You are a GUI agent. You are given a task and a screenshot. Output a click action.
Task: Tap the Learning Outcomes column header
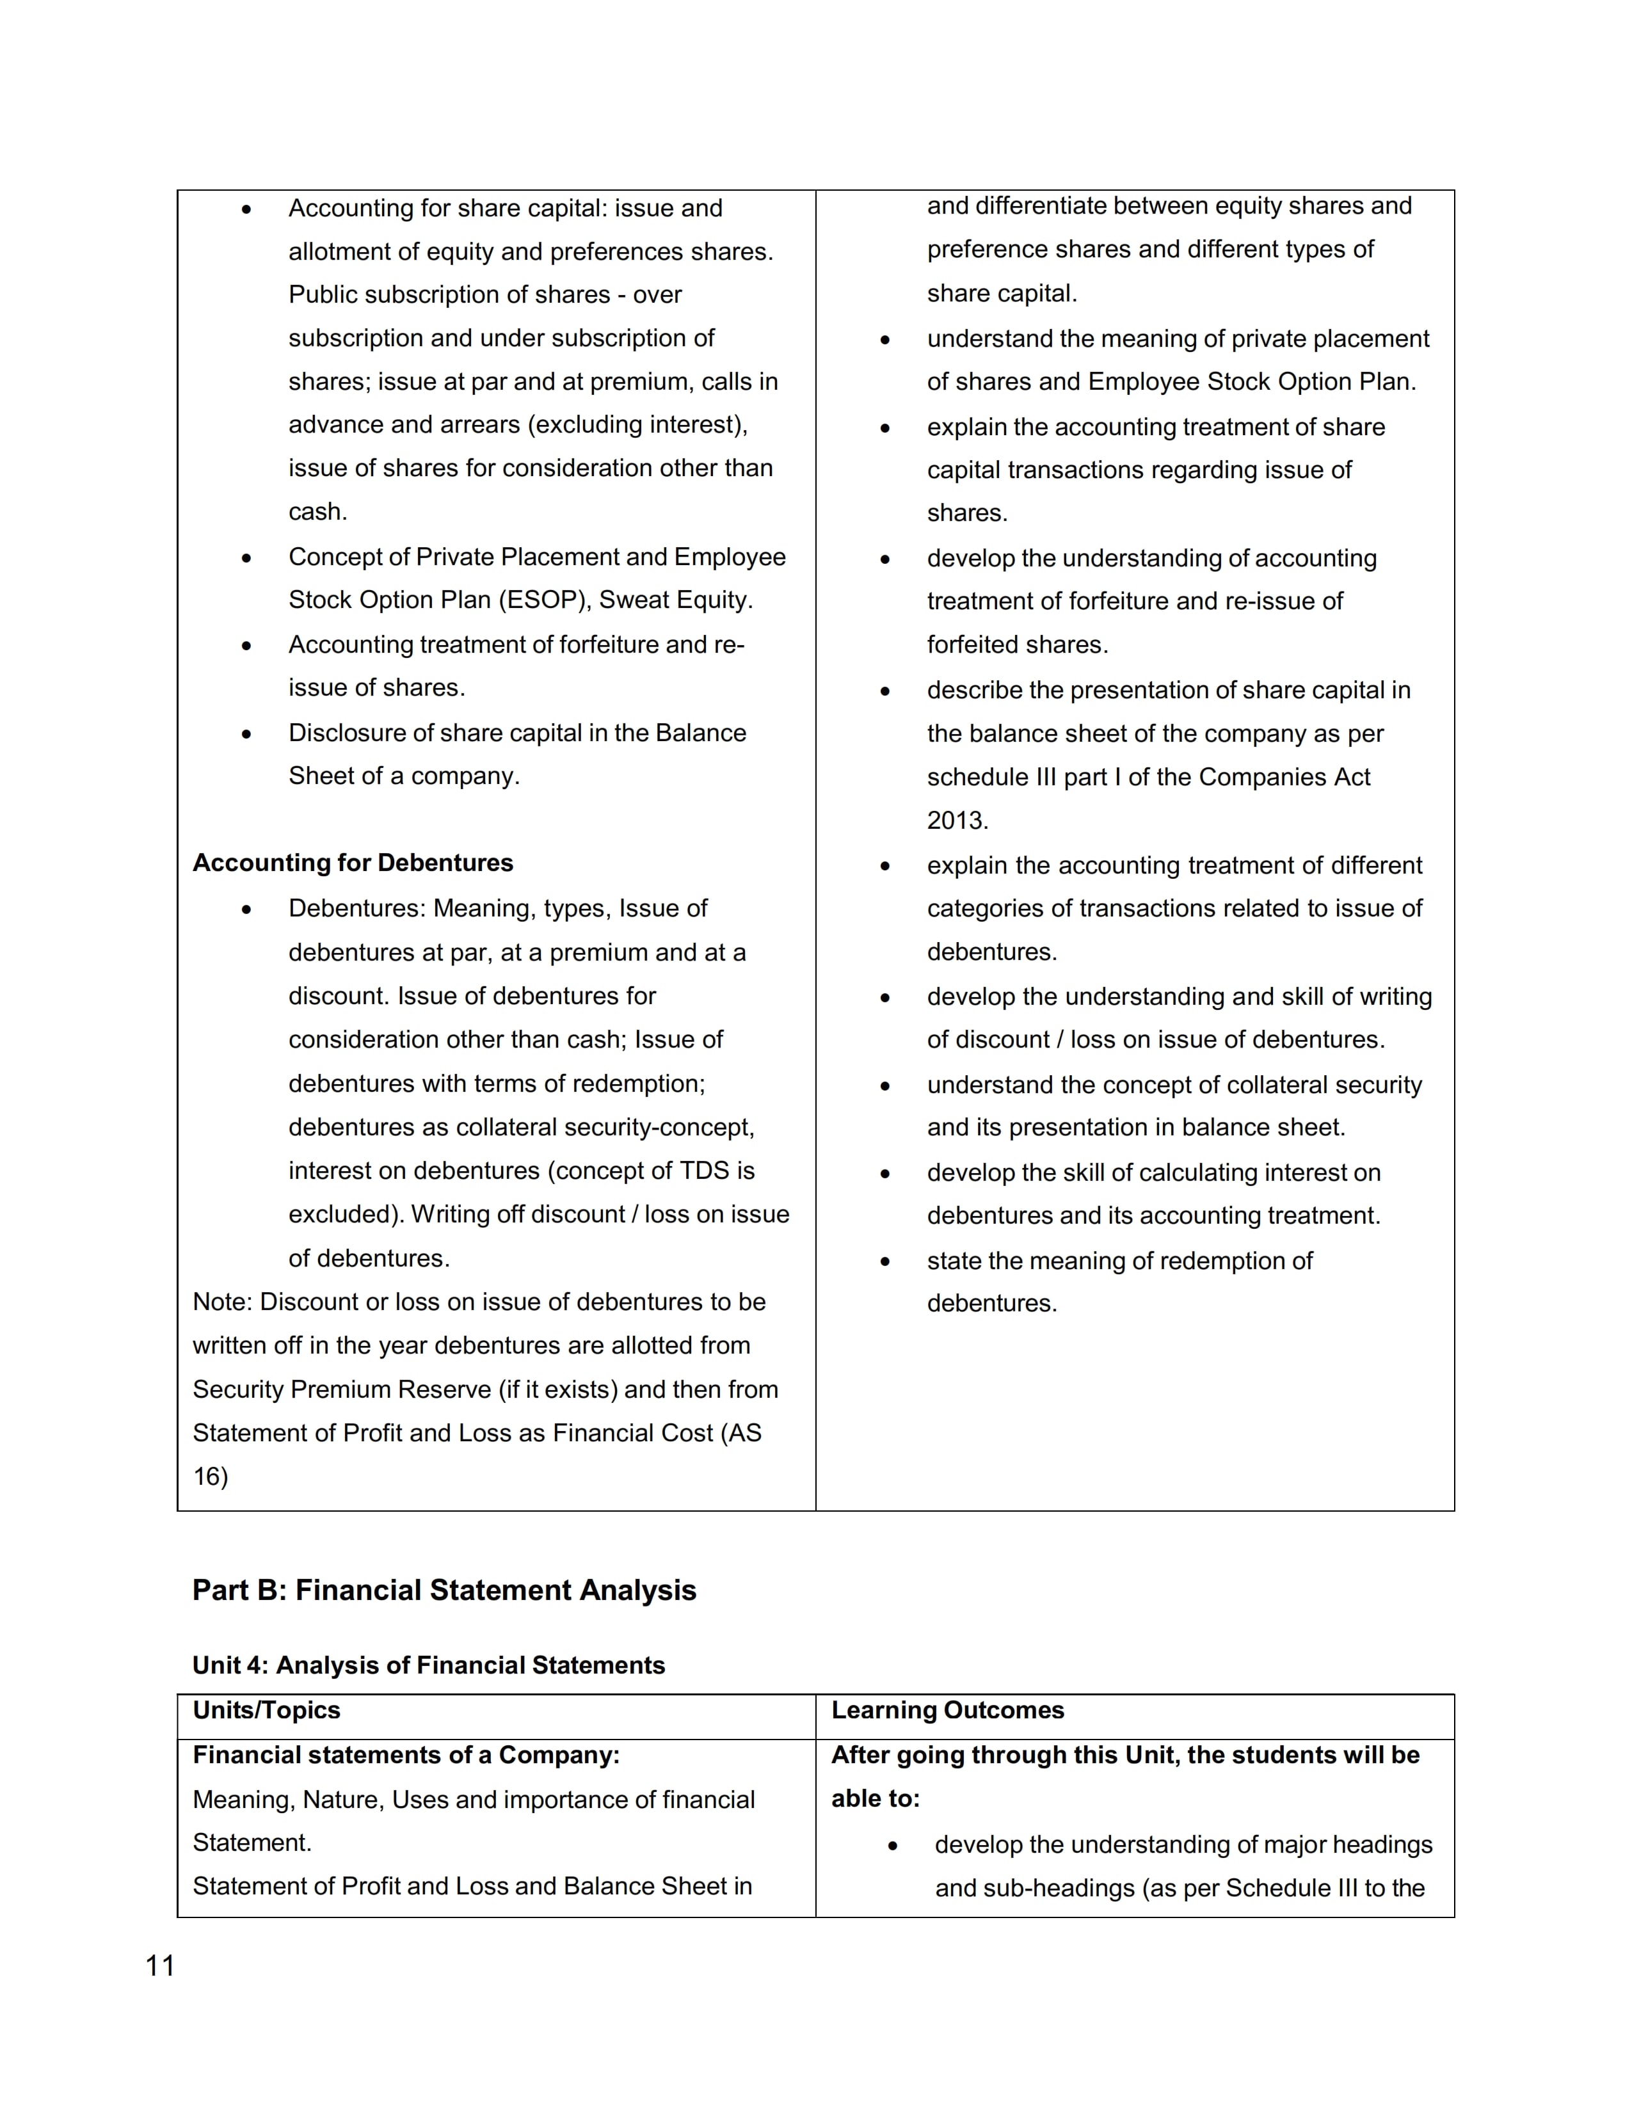[x=947, y=1709]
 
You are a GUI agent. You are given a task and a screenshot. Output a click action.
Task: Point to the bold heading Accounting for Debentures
[x=353, y=863]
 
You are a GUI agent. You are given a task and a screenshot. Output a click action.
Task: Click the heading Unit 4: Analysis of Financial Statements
[x=428, y=1665]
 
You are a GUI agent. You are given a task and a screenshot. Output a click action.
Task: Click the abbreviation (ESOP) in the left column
[x=545, y=600]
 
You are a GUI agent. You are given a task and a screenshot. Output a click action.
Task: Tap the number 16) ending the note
[x=211, y=1476]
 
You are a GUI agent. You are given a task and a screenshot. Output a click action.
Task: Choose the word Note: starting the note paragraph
[x=222, y=1302]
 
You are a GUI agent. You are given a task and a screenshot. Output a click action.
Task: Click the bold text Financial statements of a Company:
[x=406, y=1754]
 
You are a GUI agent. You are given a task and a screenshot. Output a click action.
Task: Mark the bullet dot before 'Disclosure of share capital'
[x=246, y=734]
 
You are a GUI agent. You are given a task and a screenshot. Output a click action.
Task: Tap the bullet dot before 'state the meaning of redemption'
[x=884, y=1262]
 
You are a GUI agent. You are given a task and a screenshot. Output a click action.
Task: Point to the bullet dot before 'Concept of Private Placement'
[x=246, y=558]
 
